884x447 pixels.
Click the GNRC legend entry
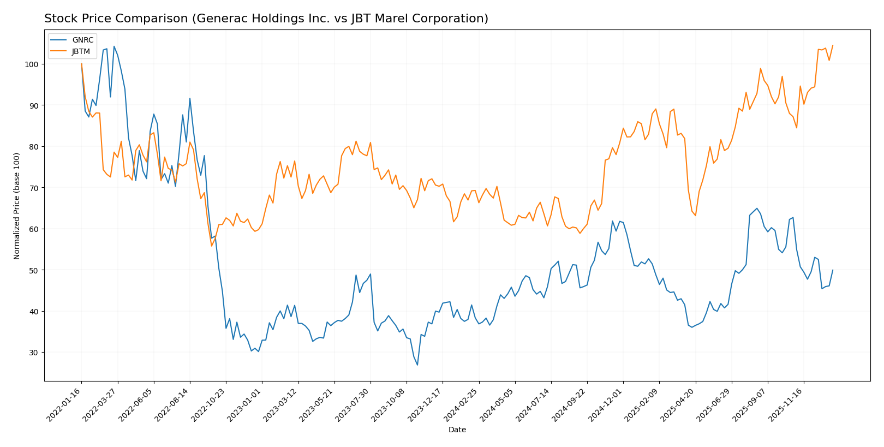pyautogui.click(x=82, y=40)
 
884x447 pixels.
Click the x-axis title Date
pyautogui.click(x=457, y=430)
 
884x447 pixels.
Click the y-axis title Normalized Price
pyautogui.click(x=16, y=206)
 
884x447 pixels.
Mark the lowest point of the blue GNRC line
pyautogui.click(x=417, y=365)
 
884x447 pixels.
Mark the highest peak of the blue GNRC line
pyautogui.click(x=114, y=46)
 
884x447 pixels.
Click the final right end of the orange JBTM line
pyautogui.click(x=833, y=45)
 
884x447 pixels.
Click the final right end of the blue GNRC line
pyautogui.click(x=833, y=270)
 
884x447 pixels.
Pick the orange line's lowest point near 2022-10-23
pyautogui.click(x=212, y=246)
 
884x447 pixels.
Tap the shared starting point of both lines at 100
pyautogui.click(x=81, y=64)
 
